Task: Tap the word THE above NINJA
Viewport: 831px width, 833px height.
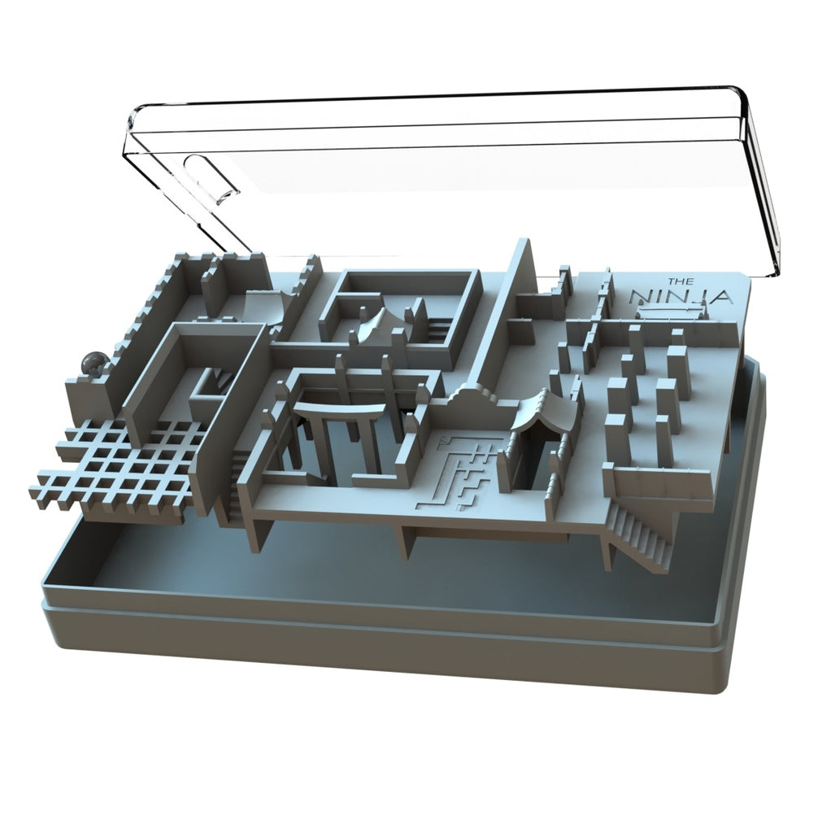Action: [677, 281]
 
